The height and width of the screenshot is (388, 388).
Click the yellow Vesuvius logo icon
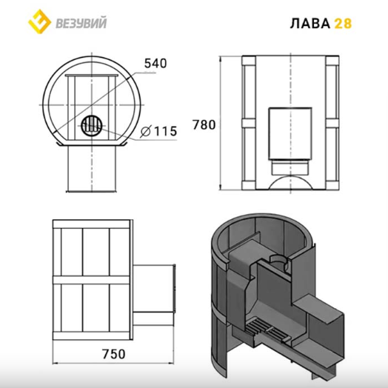pyautogui.click(x=39, y=21)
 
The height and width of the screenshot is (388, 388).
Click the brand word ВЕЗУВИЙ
pyautogui.click(x=81, y=23)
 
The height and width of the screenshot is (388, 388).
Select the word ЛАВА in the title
pyautogui.click(x=310, y=24)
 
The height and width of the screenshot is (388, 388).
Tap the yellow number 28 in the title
pyautogui.click(x=343, y=24)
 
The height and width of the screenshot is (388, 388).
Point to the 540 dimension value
pyautogui.click(x=155, y=64)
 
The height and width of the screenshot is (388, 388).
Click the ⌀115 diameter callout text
pyautogui.click(x=158, y=131)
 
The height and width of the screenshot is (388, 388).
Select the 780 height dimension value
pyautogui.click(x=204, y=125)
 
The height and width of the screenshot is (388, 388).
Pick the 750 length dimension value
pyautogui.click(x=114, y=354)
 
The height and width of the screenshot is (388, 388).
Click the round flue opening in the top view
pyautogui.click(x=92, y=126)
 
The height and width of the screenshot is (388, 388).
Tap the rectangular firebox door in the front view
pyautogui.click(x=290, y=133)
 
